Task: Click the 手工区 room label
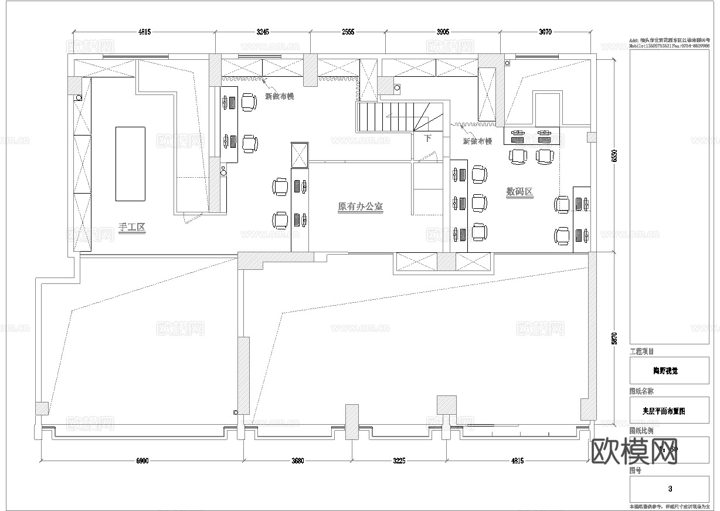point(131,228)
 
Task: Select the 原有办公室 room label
point(361,207)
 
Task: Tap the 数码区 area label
point(519,192)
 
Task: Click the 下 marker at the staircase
point(428,139)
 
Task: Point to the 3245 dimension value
point(263,32)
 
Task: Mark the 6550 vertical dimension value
point(614,156)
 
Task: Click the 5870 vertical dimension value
point(614,339)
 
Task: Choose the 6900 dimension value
point(142,461)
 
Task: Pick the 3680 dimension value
point(297,461)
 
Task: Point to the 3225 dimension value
point(399,461)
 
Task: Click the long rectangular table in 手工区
point(130,164)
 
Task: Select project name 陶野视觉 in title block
point(669,371)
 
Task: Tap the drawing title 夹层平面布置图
point(669,411)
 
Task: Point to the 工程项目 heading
point(641,352)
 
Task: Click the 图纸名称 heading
point(641,391)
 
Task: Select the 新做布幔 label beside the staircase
point(477,141)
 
